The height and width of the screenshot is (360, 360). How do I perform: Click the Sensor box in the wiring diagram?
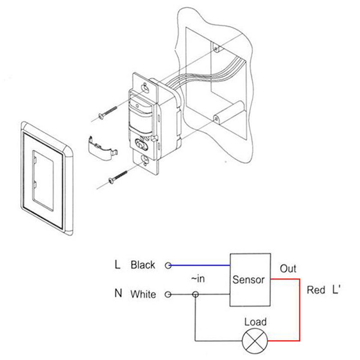(251, 280)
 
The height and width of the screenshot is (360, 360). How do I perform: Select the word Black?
(143, 265)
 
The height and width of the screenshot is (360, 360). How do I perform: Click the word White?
(143, 295)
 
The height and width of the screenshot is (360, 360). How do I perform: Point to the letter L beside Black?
(117, 265)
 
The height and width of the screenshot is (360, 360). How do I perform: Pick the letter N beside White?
(118, 294)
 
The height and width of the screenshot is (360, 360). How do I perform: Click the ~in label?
(198, 279)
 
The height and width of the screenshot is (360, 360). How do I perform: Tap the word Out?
(288, 269)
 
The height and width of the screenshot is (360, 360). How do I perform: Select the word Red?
(316, 290)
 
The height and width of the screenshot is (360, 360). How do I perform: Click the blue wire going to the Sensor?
(200, 265)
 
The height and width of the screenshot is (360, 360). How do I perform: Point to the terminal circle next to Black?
(168, 265)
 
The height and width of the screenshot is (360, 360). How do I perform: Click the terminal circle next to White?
(168, 295)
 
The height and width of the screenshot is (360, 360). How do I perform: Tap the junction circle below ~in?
(195, 295)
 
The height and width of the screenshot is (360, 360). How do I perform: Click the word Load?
(255, 322)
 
